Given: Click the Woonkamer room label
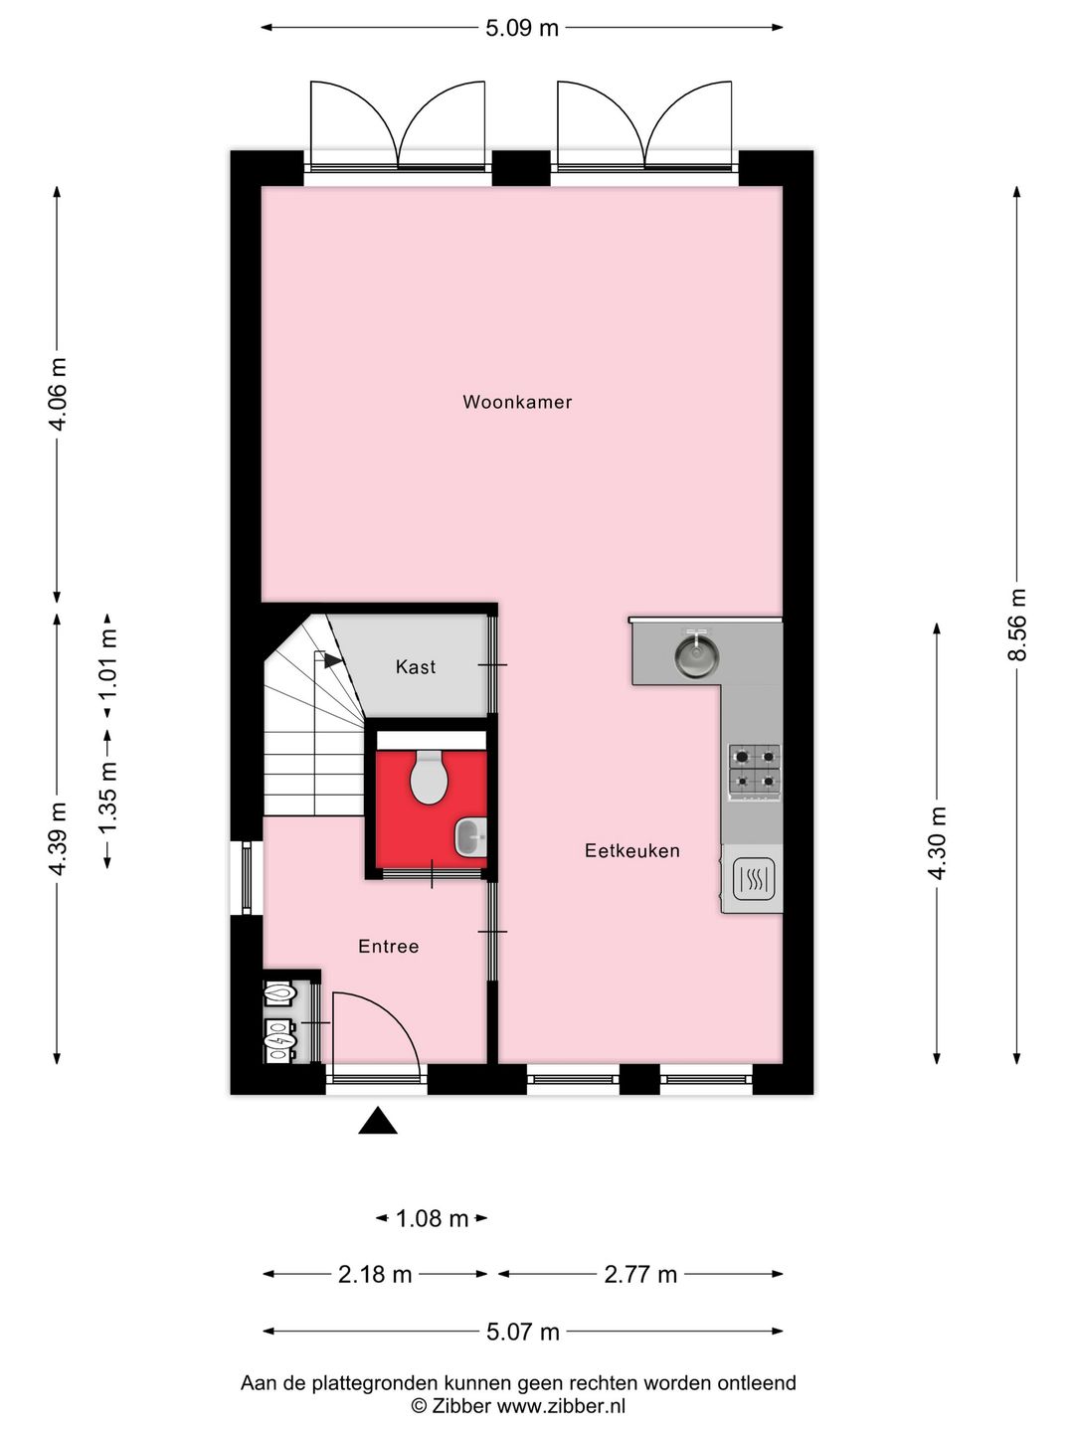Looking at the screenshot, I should [x=517, y=403].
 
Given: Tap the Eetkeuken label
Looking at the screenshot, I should [x=632, y=851].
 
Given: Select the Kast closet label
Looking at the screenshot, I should [x=416, y=667].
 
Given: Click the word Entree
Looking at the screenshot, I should [x=389, y=947].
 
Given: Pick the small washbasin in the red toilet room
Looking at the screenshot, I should [x=470, y=837].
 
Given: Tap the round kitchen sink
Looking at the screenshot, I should [x=697, y=656].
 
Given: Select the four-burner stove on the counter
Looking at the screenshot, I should [x=755, y=771].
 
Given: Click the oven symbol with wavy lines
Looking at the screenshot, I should [x=754, y=879].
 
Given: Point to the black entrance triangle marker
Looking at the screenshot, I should [x=378, y=1122].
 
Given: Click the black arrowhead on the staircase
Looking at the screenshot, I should [x=332, y=660].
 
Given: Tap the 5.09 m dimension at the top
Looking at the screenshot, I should [x=522, y=28].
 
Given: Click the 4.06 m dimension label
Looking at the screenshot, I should [x=58, y=394].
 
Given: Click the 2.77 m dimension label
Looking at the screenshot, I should [x=640, y=1275].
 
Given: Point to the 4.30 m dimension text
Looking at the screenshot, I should [x=937, y=843].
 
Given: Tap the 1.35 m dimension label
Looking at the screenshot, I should [x=107, y=798].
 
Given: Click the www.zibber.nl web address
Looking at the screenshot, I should [x=561, y=1406].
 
